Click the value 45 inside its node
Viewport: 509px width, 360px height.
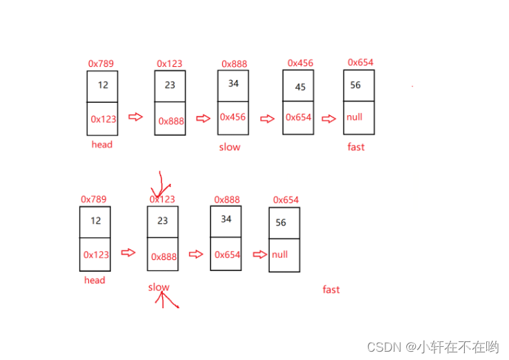300,88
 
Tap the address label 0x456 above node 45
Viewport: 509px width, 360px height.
300,63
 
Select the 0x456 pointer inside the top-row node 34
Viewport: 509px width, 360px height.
232,117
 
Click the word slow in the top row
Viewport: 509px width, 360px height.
230,147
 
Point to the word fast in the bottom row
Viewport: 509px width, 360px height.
331,290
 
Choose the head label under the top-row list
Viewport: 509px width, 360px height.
101,145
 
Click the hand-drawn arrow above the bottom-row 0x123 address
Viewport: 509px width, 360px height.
161,184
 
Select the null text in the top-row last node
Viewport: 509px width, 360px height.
355,117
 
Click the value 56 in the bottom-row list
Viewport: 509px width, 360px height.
281,223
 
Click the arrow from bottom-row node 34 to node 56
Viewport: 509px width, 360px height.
259,254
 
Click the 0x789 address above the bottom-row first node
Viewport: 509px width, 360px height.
94,199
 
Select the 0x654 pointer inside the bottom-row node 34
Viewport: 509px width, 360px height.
228,254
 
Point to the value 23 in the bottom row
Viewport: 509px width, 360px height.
162,221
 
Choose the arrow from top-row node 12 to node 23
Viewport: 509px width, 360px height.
136,117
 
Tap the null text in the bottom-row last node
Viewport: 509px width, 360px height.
279,254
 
